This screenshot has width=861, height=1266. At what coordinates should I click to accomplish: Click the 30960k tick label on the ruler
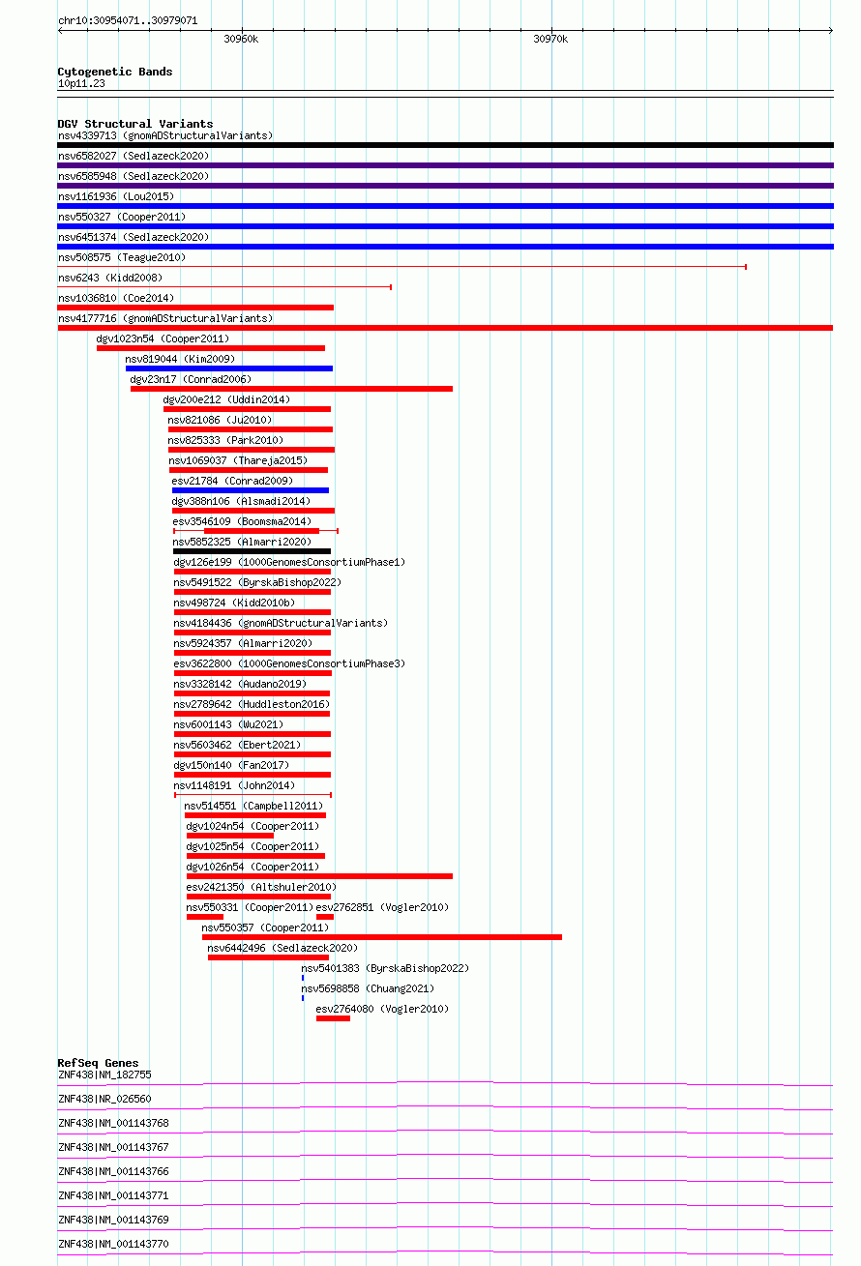241,39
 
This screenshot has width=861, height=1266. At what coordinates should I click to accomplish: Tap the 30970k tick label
550,39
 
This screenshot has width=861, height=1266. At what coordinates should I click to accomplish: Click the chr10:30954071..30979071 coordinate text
128,21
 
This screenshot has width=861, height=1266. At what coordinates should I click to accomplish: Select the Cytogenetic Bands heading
115,72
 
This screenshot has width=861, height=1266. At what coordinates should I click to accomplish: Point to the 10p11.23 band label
81,83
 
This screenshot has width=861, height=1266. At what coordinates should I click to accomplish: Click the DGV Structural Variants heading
135,124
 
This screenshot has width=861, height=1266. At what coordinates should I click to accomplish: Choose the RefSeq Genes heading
98,1063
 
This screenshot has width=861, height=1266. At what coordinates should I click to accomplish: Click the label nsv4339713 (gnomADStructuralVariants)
165,135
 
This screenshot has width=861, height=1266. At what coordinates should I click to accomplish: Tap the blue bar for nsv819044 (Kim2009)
229,368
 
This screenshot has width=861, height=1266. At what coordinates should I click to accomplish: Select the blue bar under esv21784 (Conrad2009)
251,490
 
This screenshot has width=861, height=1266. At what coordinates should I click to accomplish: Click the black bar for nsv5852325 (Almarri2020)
252,551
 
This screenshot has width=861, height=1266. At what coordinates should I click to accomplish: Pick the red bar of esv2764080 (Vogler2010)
333,1018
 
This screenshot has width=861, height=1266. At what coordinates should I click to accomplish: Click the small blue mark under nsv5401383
303,978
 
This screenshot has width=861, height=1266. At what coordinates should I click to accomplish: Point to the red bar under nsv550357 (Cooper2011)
382,937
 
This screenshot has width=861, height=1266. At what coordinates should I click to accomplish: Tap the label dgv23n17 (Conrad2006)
191,379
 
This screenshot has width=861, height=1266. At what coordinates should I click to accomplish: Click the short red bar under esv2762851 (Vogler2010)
325,917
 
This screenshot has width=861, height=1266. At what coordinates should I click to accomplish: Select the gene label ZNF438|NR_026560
104,1100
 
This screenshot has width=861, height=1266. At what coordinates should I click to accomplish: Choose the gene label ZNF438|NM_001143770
113,1244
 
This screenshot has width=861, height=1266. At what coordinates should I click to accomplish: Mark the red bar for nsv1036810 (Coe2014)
195,308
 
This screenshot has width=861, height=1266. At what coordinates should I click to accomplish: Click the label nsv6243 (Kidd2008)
110,279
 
